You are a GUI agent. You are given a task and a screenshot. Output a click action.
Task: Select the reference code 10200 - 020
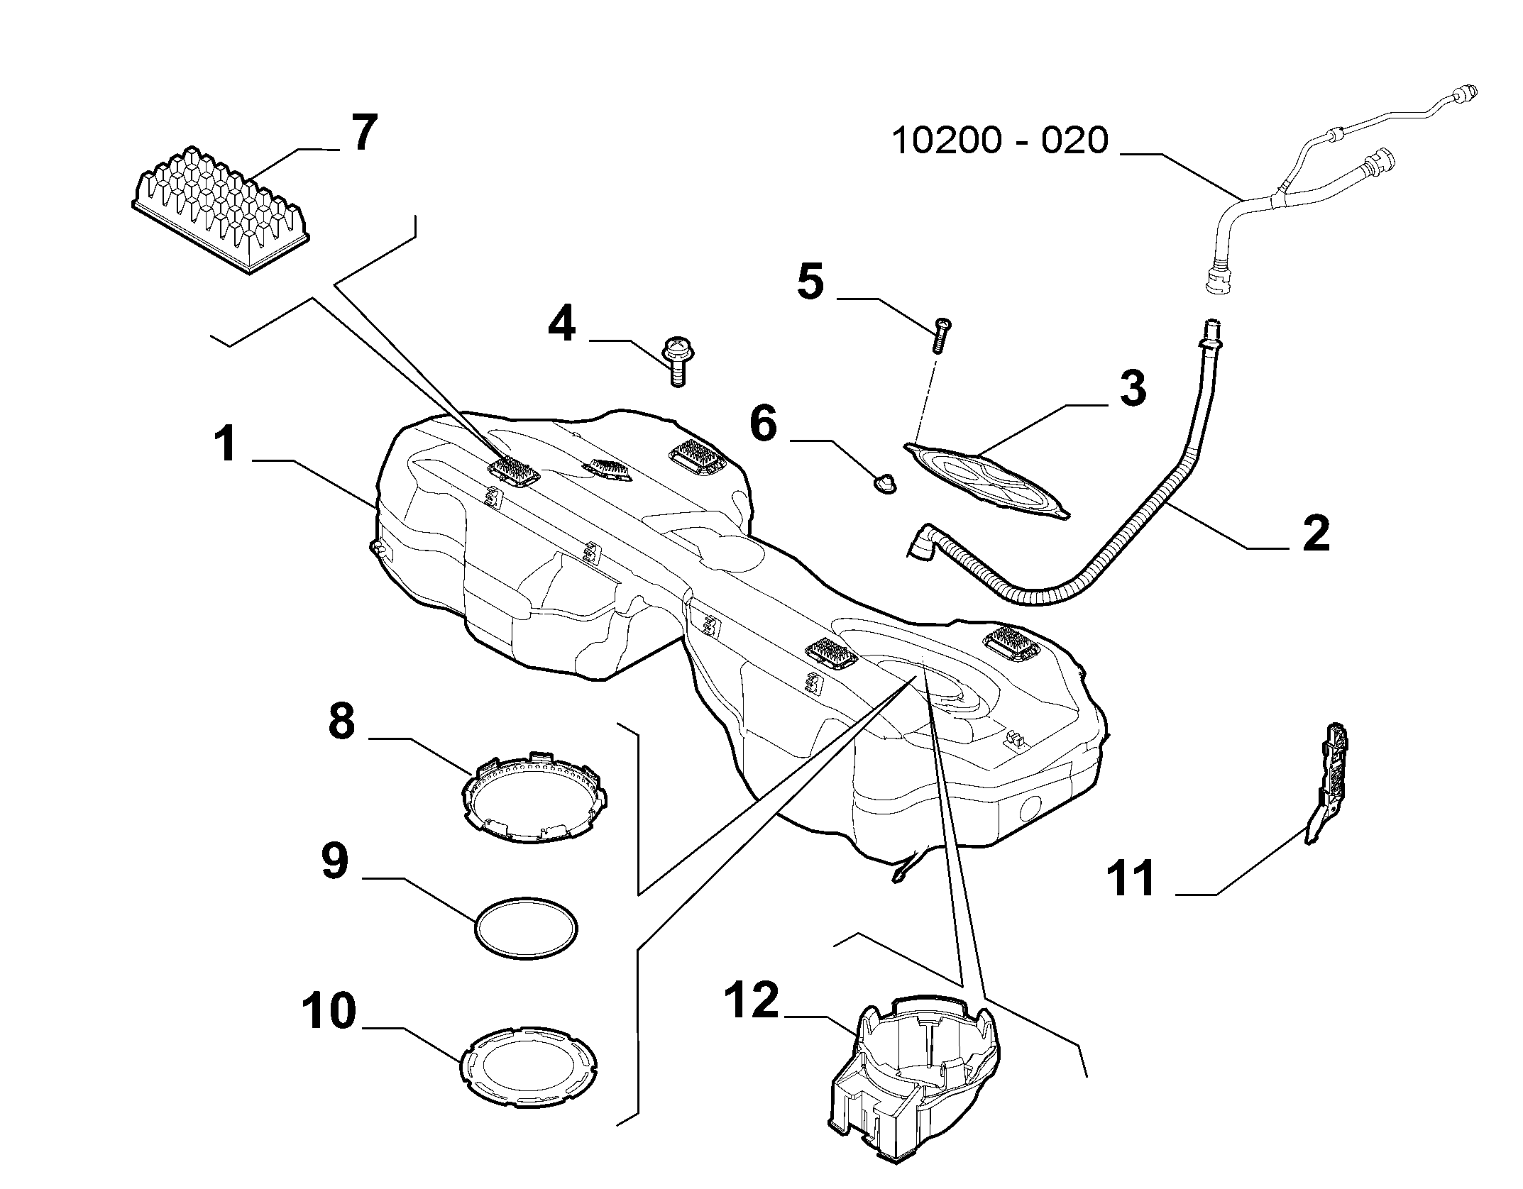click(999, 141)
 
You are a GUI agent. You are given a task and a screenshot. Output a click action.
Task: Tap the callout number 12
click(752, 1001)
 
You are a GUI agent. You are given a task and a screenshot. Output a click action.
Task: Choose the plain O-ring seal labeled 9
click(526, 929)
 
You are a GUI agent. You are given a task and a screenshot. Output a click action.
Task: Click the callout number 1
click(226, 444)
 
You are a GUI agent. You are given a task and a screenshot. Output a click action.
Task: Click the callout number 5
click(810, 282)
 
